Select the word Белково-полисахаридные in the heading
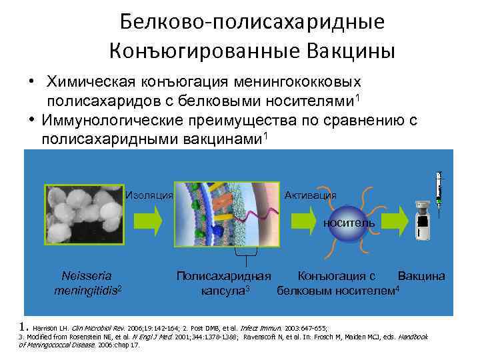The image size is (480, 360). coord(253,21)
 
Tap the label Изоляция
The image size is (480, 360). coord(149,195)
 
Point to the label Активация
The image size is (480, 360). coord(310,195)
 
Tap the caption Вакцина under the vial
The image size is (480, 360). coord(421,275)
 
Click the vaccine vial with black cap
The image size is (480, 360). coord(421,220)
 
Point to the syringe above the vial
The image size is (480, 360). coord(438,189)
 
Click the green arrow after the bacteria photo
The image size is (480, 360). coord(148,220)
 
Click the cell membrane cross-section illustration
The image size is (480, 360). coord(227,215)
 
